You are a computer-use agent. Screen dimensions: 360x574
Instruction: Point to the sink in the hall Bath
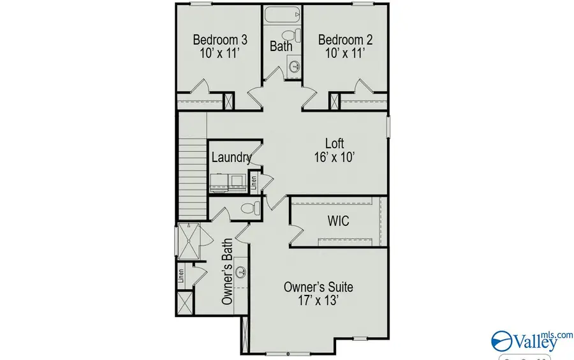tap(295, 65)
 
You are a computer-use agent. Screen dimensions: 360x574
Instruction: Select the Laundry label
tap(231, 157)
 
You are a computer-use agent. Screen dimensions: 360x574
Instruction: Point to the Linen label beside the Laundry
tap(253, 183)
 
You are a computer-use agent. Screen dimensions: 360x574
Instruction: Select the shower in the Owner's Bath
tap(189, 241)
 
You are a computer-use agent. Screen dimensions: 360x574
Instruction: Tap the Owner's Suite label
tap(318, 287)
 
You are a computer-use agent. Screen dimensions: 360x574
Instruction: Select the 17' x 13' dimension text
tap(318, 301)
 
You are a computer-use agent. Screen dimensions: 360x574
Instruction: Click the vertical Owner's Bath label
tap(226, 271)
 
